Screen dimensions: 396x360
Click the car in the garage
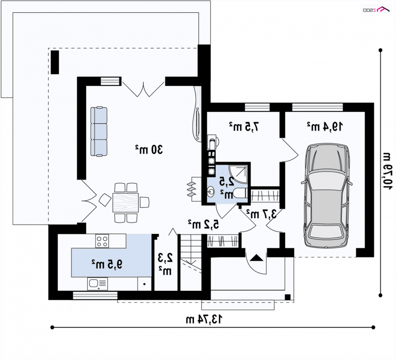327,196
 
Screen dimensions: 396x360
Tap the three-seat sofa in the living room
99,131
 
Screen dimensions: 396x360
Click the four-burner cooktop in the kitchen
102,241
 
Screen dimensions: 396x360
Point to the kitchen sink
98,284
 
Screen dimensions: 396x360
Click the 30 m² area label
149,150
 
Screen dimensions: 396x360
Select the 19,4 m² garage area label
325,127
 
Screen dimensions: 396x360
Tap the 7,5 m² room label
244,127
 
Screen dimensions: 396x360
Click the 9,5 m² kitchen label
107,264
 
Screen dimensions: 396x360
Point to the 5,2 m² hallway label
203,224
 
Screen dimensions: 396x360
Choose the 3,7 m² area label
261,214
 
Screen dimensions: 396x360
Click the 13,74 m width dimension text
204,319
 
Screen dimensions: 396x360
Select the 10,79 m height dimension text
387,171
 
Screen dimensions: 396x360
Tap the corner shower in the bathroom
238,174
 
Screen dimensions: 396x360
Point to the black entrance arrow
256,258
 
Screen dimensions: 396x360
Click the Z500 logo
376,9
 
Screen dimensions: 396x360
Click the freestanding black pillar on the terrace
55,62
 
